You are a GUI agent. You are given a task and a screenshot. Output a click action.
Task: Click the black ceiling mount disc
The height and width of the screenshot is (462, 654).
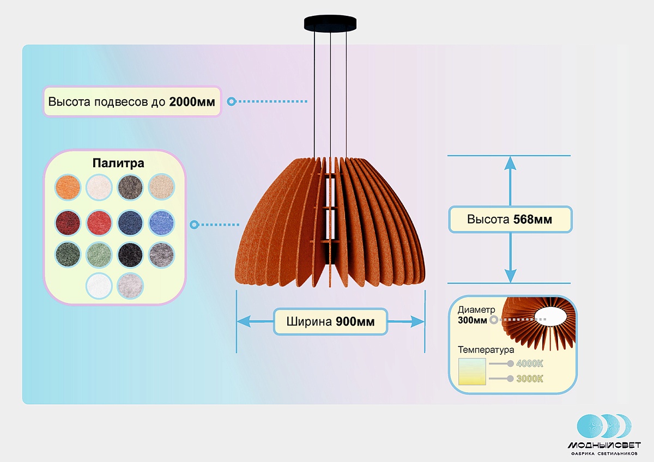330,23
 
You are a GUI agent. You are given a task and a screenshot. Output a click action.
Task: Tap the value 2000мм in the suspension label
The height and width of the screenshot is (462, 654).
192,102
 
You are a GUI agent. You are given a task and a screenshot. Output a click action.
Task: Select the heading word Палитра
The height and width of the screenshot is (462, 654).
118,163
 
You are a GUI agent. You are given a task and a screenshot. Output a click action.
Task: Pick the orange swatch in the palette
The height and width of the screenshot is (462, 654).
68,187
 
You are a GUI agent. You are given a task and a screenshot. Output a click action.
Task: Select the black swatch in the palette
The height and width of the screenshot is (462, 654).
130,253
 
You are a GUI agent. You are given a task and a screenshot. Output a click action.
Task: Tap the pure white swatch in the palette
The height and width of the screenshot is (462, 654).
99,285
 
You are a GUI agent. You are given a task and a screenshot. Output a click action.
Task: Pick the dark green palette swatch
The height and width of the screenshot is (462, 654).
68,253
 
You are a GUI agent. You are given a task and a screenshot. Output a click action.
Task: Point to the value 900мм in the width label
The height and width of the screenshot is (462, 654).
355,322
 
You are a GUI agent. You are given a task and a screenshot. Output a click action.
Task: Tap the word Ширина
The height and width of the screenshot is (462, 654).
309,322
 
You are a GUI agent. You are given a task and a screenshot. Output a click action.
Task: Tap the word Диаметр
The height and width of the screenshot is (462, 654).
476,310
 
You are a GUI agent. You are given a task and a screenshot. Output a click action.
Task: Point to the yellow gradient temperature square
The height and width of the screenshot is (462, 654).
472,372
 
